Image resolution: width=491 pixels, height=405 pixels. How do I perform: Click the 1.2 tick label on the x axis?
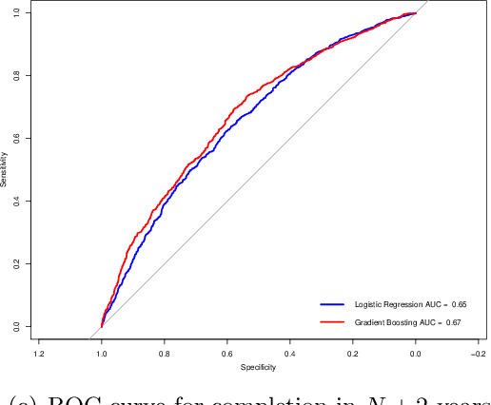39,354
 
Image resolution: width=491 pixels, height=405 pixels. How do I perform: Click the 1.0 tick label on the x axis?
102,354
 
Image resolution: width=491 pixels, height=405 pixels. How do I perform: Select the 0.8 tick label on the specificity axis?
165,354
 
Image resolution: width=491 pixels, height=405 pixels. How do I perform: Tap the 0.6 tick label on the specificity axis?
227,354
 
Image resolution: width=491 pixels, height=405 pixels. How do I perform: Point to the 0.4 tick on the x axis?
289,354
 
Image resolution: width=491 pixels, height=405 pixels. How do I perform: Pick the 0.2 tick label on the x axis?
352,354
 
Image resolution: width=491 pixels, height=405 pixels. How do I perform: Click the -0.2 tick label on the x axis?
476,354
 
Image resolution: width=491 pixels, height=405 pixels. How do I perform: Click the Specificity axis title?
258,367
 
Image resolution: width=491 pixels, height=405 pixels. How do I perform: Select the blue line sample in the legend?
331,305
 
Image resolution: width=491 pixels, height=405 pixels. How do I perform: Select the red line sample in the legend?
331,323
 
